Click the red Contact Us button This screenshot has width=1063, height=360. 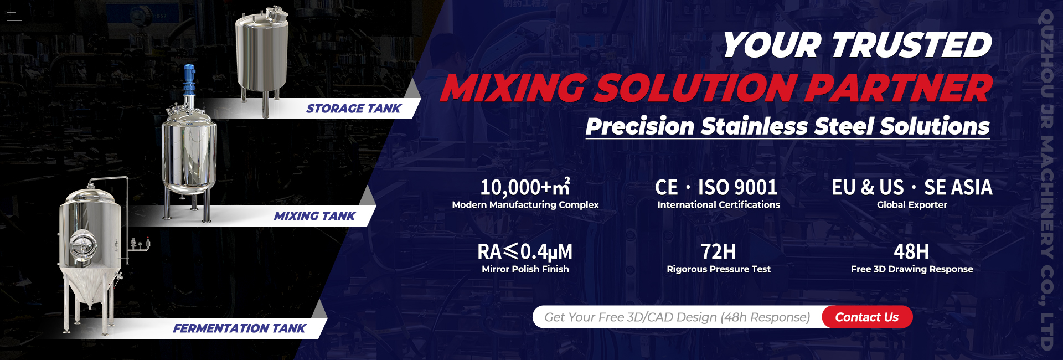867,317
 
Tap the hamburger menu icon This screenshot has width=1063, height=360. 14,17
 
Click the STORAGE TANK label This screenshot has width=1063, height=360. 354,109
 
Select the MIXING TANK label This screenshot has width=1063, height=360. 314,216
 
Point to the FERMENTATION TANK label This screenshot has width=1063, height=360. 239,328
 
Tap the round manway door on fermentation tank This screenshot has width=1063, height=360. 82,245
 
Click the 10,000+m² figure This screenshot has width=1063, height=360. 525,187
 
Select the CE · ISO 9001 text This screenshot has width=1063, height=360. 716,187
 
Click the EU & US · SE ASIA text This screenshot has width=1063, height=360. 912,187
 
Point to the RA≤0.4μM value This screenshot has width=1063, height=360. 525,252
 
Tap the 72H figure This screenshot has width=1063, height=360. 719,252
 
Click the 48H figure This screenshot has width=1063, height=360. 912,252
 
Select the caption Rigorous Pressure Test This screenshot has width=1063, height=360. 719,269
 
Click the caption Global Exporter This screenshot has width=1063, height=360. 912,205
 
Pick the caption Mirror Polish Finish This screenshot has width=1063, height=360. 525,269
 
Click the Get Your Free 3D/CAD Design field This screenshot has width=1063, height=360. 677,317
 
